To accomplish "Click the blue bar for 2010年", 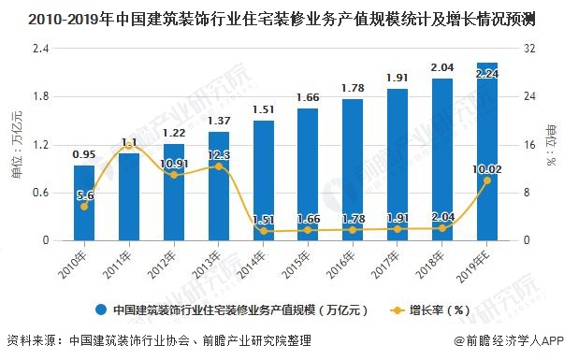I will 84,203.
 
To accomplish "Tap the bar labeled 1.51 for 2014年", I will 264,180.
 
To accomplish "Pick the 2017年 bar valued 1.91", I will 398,165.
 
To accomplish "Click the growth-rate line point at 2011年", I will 129,147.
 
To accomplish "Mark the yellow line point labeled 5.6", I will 84,206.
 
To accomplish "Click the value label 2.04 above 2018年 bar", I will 442,67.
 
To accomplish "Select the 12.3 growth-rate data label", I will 218,155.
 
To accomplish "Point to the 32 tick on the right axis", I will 530,48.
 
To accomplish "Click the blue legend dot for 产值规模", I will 99,309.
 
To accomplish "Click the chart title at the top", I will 282,17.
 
